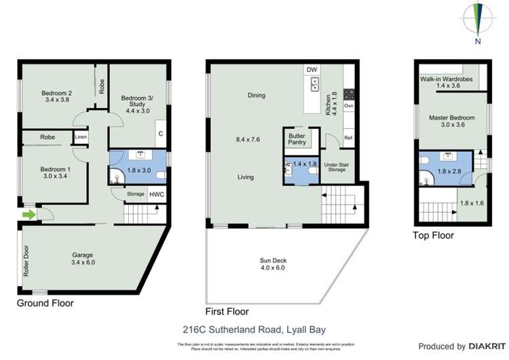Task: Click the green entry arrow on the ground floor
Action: pyautogui.click(x=29, y=215)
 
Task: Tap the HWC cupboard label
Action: pyautogui.click(x=156, y=194)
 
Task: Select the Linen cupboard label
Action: pyautogui.click(x=81, y=137)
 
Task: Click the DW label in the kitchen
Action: pyautogui.click(x=312, y=70)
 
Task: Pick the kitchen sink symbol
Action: pyautogui.click(x=316, y=84)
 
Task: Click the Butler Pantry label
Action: pyautogui.click(x=297, y=139)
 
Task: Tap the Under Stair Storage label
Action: pyautogui.click(x=335, y=166)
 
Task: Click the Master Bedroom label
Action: pyautogui.click(x=451, y=118)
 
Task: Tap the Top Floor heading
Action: pyautogui.click(x=434, y=236)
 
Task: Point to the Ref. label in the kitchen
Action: pyautogui.click(x=348, y=138)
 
